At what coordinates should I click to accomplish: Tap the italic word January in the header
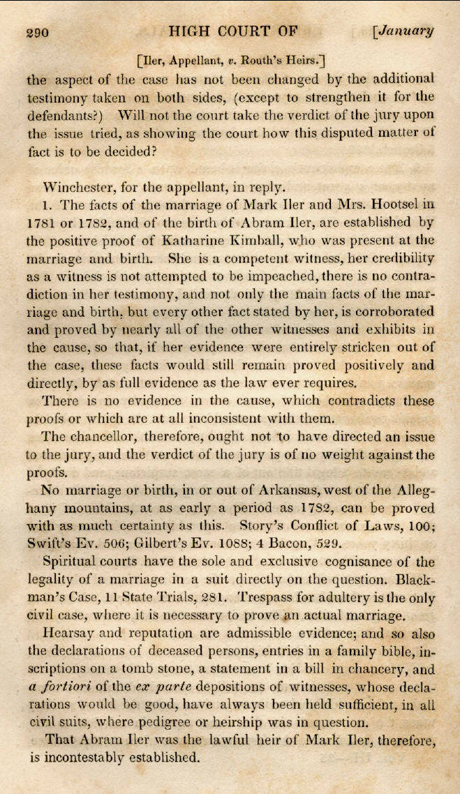click(x=406, y=31)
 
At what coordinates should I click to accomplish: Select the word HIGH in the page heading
click(x=195, y=31)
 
